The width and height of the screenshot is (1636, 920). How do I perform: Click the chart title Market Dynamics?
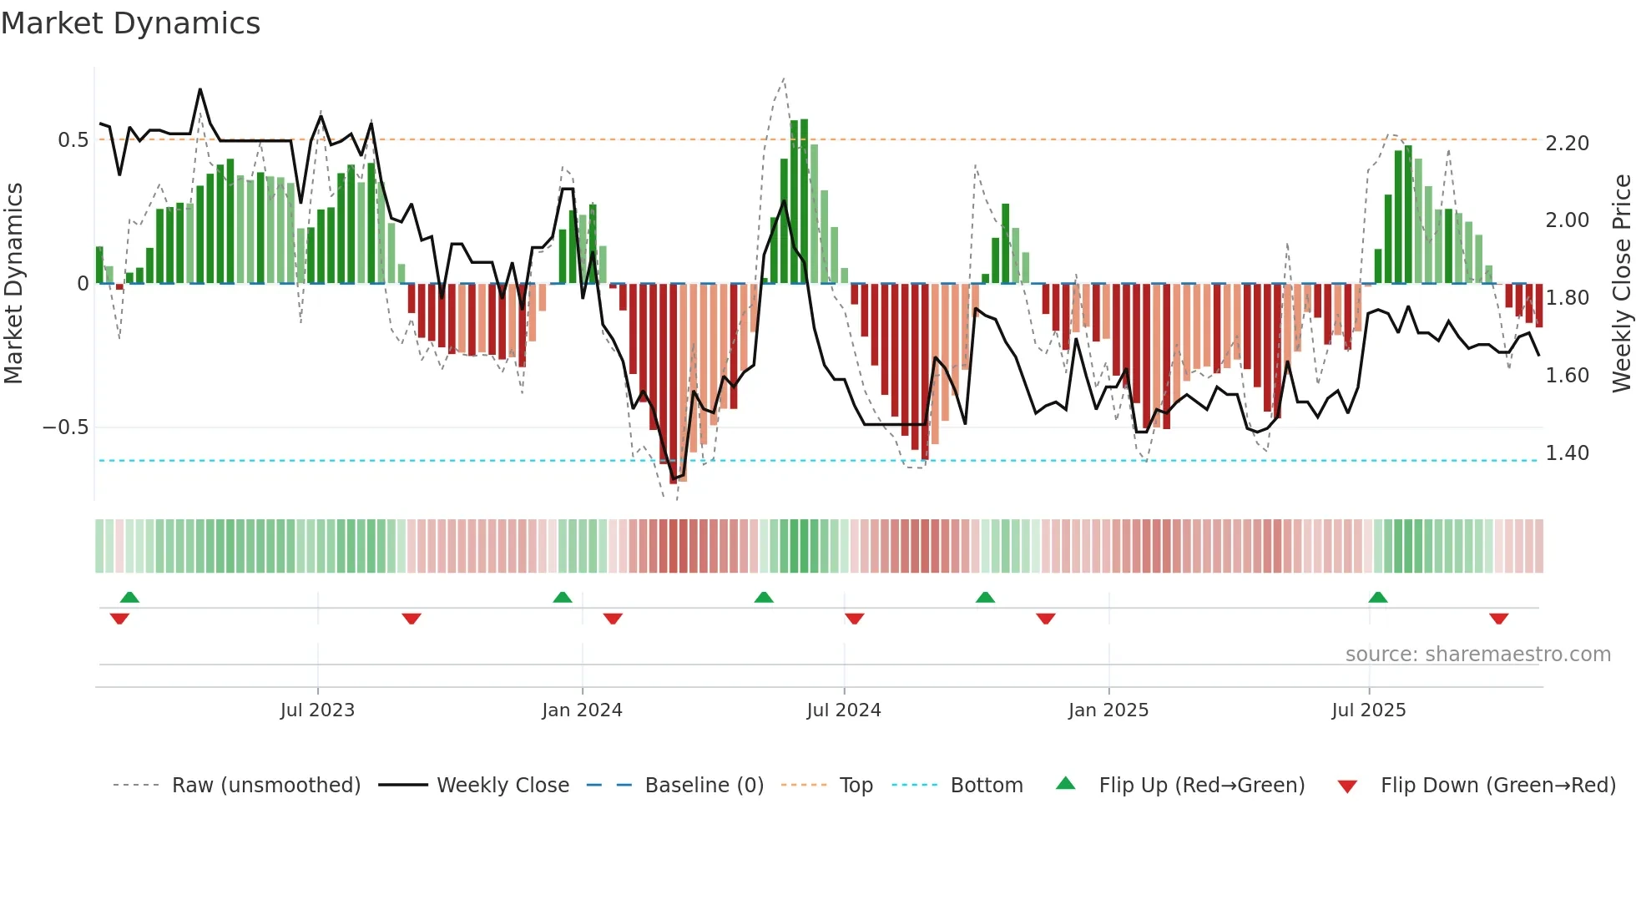tap(130, 23)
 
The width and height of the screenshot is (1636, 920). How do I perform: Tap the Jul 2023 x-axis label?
tap(317, 710)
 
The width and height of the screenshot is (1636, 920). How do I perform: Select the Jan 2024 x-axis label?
tap(582, 710)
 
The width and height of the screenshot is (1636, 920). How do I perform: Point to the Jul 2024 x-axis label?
tap(844, 710)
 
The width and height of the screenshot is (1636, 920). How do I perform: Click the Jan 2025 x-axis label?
tap(1108, 710)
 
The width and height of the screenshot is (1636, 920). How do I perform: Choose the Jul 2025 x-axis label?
tap(1369, 710)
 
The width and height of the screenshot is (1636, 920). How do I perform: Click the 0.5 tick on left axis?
tap(73, 140)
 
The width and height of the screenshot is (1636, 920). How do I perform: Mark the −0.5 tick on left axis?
tap(66, 427)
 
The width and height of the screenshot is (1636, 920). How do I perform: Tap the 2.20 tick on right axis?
tap(1568, 144)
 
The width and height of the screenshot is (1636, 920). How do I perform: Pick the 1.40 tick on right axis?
tap(1568, 453)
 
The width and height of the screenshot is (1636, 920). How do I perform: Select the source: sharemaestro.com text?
tap(1478, 655)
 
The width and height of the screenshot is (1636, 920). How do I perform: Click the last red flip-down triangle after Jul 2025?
tap(1498, 619)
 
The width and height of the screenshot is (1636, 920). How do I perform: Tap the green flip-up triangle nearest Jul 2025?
tap(1378, 598)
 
